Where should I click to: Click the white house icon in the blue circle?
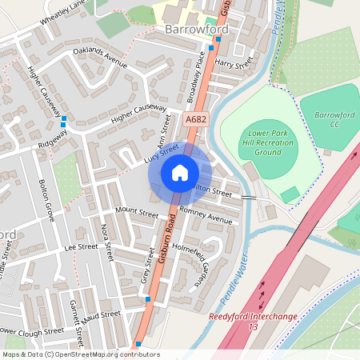tap(179, 172)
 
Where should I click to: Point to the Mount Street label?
tap(137, 212)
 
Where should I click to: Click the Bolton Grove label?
tap(46, 201)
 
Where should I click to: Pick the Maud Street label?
tap(105, 314)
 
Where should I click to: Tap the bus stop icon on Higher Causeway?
tap(63, 122)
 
